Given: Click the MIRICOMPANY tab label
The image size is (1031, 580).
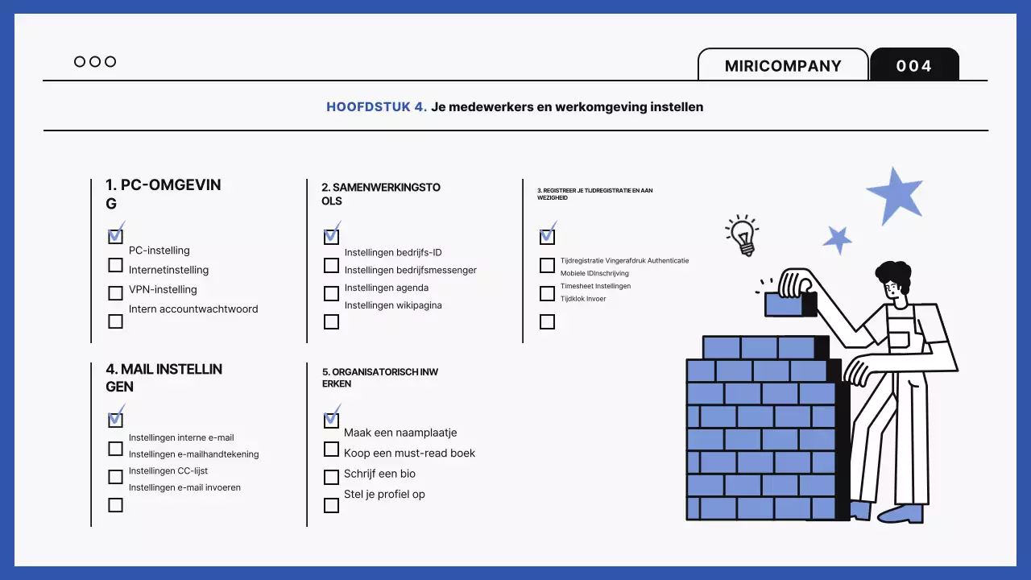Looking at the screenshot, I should point(783,66).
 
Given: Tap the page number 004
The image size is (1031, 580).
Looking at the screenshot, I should point(914,66).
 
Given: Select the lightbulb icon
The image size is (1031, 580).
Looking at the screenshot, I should point(742,234).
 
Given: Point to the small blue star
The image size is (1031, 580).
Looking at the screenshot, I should point(838,239).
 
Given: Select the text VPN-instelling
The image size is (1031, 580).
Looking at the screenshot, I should point(163,290).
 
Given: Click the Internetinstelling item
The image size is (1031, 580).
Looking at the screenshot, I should point(168,270).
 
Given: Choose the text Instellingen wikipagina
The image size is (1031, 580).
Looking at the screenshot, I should point(393,305).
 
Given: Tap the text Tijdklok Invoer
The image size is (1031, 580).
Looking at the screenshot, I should point(583,299).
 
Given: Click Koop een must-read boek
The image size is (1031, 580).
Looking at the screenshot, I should point(409,454).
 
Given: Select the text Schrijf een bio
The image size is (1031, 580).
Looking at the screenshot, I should point(379,474).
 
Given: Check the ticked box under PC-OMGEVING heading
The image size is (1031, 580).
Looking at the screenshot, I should point(116,236).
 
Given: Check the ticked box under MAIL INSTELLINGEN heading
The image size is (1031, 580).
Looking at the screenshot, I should point(116,419).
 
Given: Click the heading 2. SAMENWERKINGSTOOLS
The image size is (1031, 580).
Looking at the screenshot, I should point(375,194).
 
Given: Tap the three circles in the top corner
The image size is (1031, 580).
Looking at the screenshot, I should point(95,62).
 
